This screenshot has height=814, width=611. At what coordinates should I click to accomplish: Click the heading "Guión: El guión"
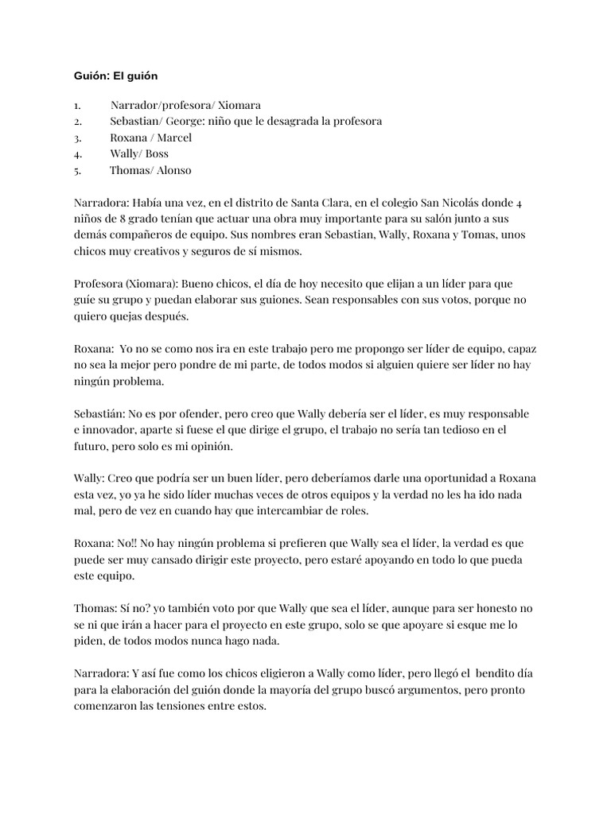pyautogui.click(x=116, y=76)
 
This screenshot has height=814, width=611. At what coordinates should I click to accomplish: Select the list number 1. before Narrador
pyautogui.click(x=76, y=105)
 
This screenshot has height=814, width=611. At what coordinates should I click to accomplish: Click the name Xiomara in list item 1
pyautogui.click(x=239, y=105)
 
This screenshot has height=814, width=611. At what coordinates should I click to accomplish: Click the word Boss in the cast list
pyautogui.click(x=157, y=153)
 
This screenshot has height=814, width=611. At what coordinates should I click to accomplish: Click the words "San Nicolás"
pyautogui.click(x=442, y=203)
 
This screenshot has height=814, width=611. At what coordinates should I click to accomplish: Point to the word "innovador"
pyautogui.click(x=114, y=430)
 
